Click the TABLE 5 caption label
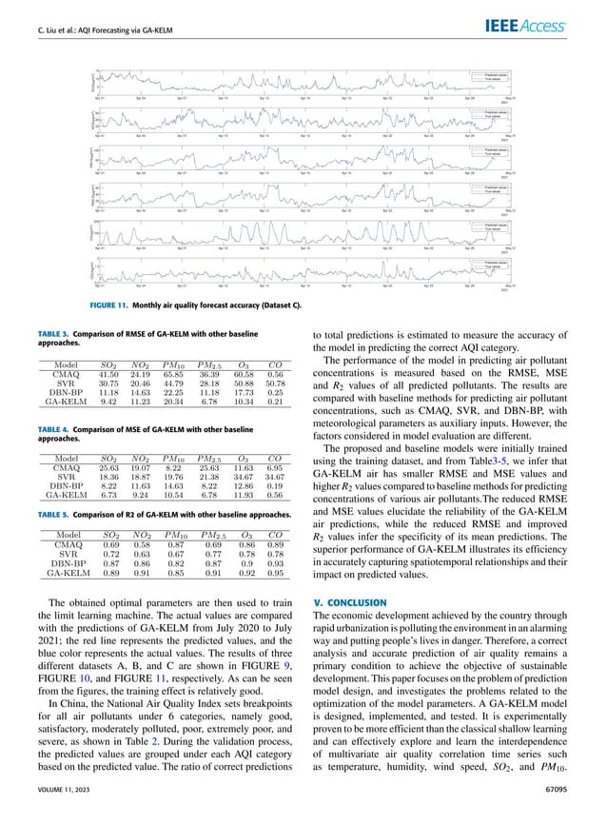coord(53,513)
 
